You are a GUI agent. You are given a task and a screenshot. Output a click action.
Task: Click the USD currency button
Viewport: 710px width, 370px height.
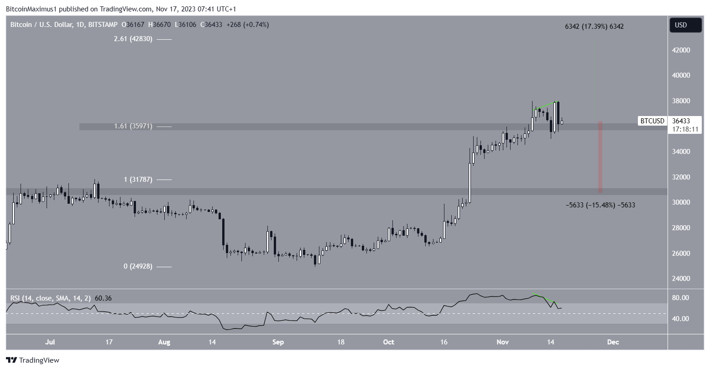tap(685, 25)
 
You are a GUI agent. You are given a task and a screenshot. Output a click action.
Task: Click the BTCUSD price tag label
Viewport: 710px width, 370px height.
tap(652, 121)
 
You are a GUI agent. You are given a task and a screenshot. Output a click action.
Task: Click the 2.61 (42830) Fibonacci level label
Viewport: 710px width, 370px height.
tap(133, 39)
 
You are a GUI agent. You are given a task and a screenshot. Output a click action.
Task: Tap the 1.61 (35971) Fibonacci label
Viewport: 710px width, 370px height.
tap(133, 126)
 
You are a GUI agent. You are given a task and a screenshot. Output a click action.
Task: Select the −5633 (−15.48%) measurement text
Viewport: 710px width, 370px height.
tap(600, 205)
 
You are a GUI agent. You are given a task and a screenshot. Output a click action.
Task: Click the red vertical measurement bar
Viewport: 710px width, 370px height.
tap(600, 157)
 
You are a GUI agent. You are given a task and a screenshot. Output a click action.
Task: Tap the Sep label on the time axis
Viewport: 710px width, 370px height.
tap(277, 342)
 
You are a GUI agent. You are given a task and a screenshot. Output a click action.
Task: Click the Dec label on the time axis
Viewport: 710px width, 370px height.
tap(613, 342)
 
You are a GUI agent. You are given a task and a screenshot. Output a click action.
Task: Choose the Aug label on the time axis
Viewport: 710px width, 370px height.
tap(163, 342)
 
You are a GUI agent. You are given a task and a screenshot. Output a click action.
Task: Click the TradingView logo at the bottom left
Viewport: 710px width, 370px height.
tap(33, 360)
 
